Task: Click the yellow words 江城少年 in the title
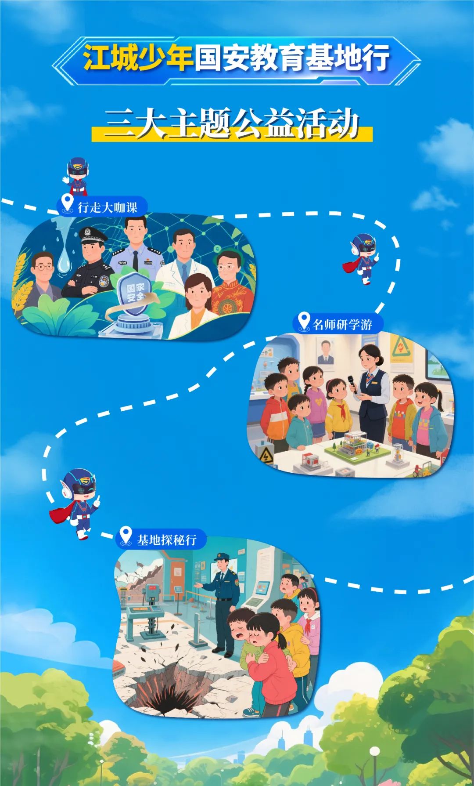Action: pyautogui.click(x=138, y=58)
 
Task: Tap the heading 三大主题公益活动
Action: pyautogui.click(x=232, y=123)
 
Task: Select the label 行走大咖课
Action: pyautogui.click(x=108, y=207)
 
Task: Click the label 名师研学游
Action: pyautogui.click(x=342, y=325)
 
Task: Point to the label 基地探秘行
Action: pyautogui.click(x=167, y=540)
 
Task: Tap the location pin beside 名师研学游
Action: pyautogui.click(x=304, y=322)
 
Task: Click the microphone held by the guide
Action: pyautogui.click(x=352, y=384)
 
